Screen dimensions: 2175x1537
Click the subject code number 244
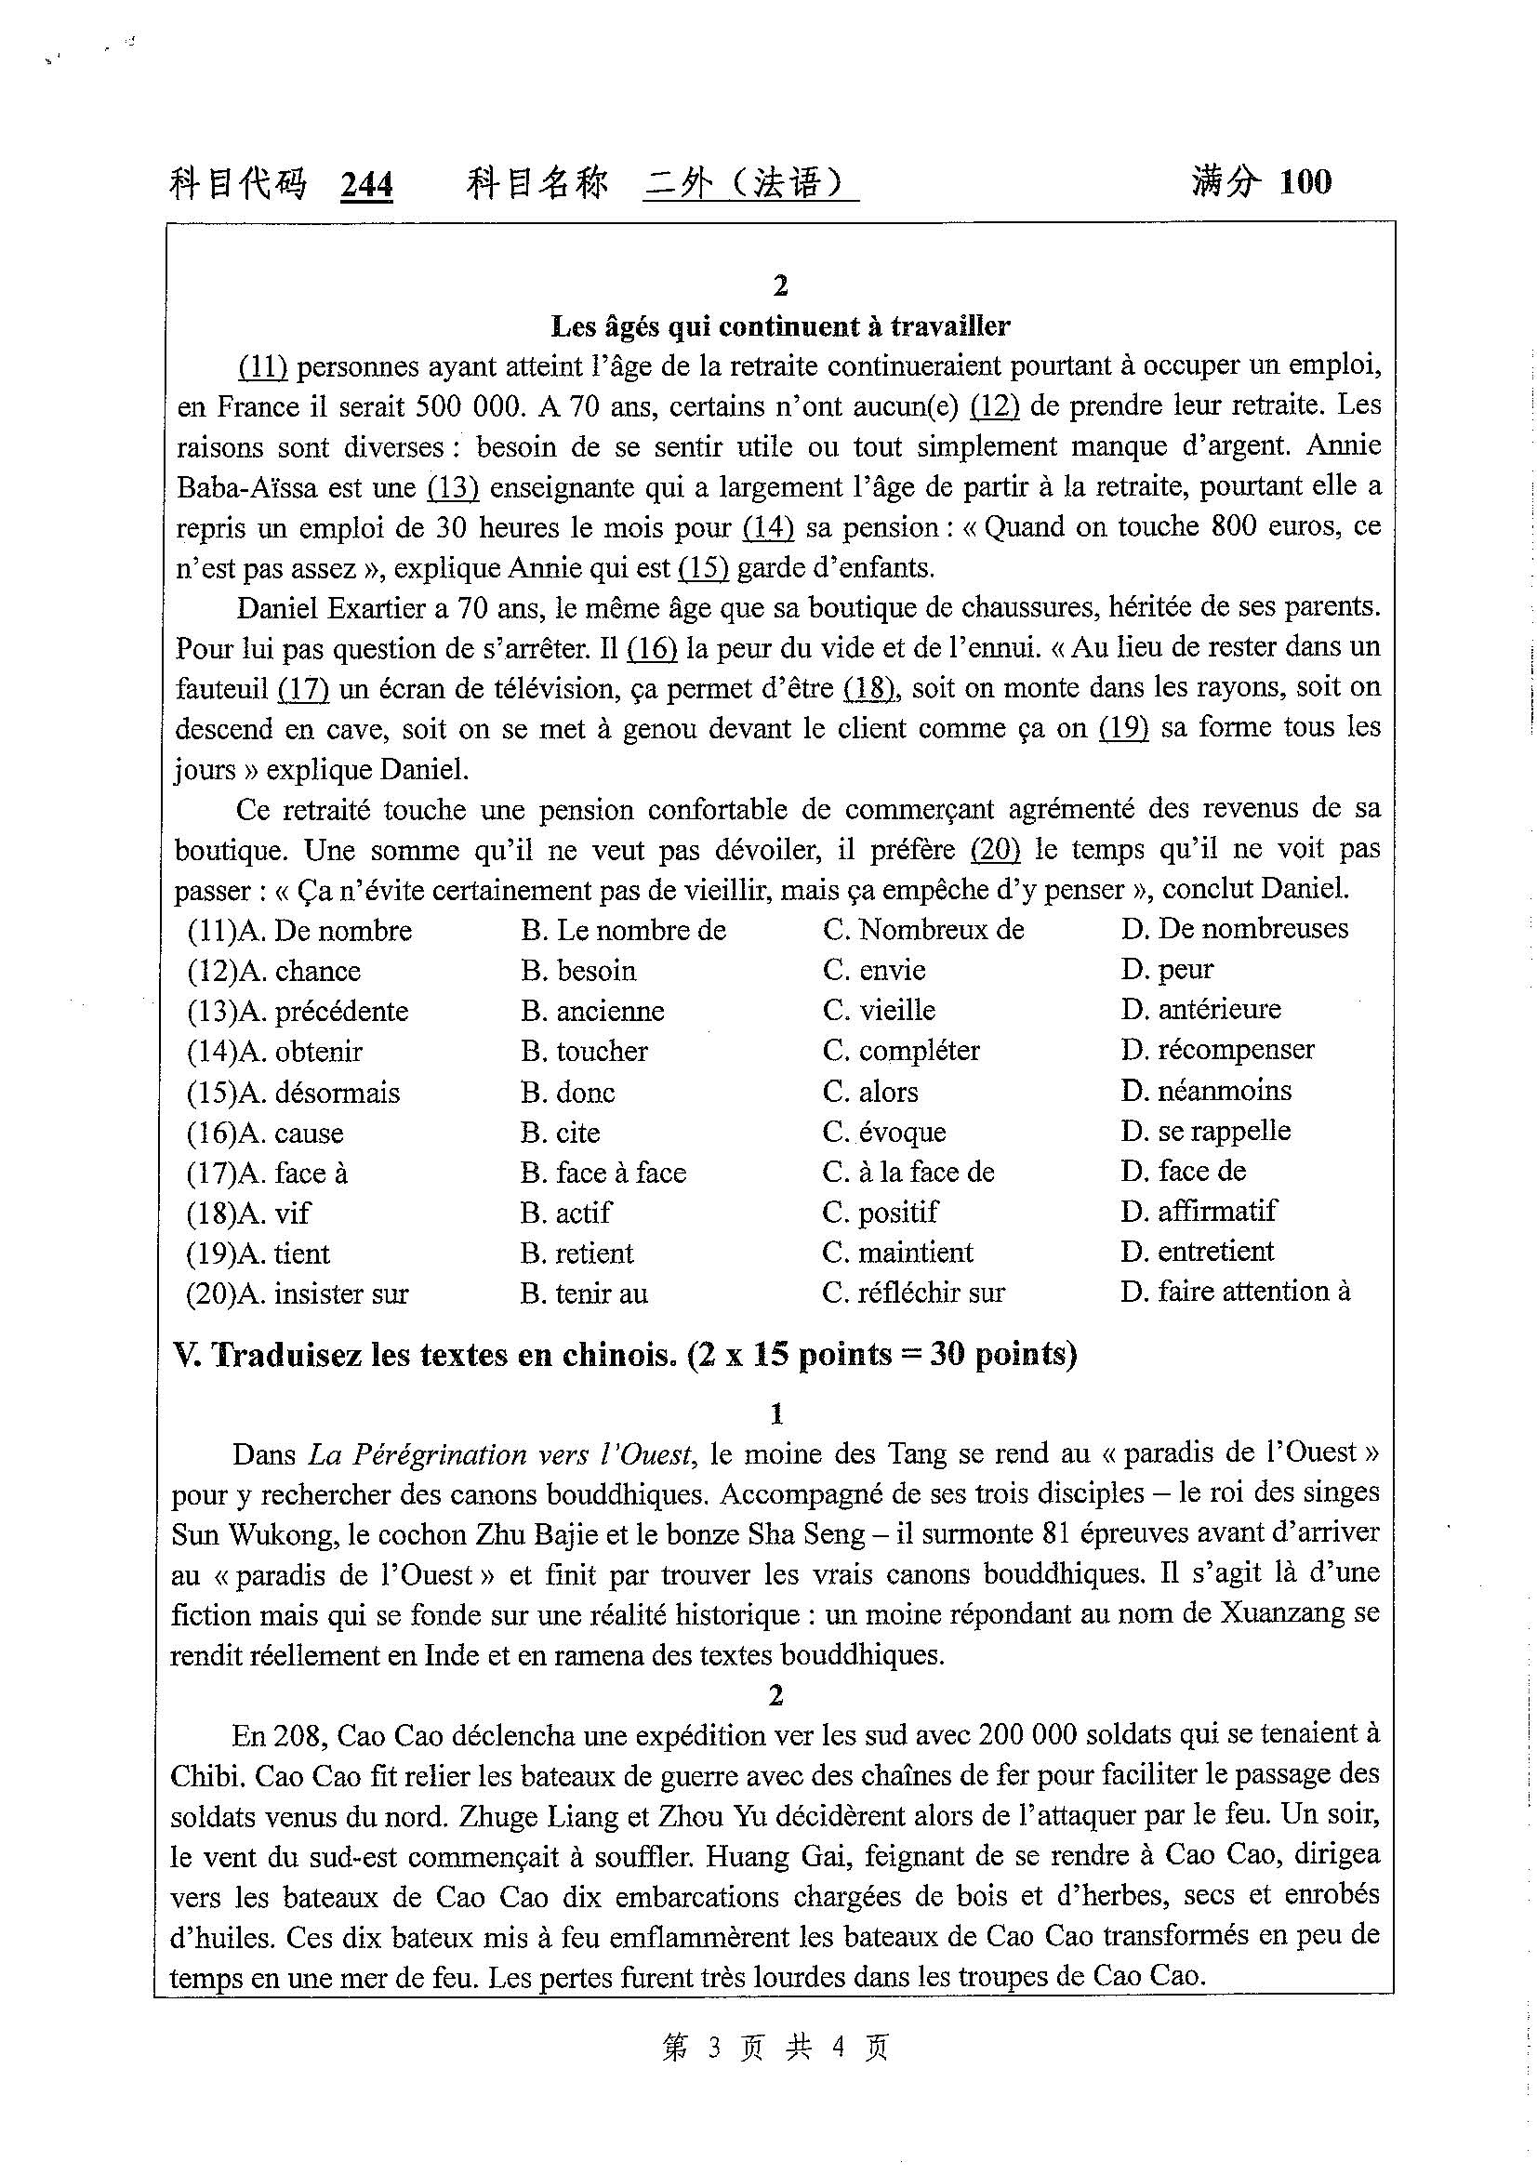pyautogui.click(x=366, y=185)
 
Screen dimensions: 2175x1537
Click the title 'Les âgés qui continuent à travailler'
pyautogui.click(x=780, y=326)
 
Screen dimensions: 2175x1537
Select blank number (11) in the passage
pyautogui.click(x=262, y=366)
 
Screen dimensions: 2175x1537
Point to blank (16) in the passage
pyautogui.click(x=653, y=649)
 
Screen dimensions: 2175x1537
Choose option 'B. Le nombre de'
pyautogui.click(x=623, y=930)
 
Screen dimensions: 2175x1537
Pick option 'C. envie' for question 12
pyautogui.click(x=874, y=970)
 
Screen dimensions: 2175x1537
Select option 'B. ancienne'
pyautogui.click(x=592, y=1011)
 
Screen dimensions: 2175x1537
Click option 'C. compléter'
pyautogui.click(x=901, y=1051)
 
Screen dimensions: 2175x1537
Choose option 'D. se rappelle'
pyautogui.click(x=1206, y=1131)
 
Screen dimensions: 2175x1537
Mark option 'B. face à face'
pyautogui.click(x=603, y=1173)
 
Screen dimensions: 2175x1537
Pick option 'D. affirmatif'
pyautogui.click(x=1199, y=1212)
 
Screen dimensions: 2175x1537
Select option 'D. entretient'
pyautogui.click(x=1197, y=1252)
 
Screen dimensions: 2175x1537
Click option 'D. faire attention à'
pyautogui.click(x=1235, y=1293)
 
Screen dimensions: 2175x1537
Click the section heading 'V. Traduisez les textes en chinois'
pyautogui.click(x=625, y=1356)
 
